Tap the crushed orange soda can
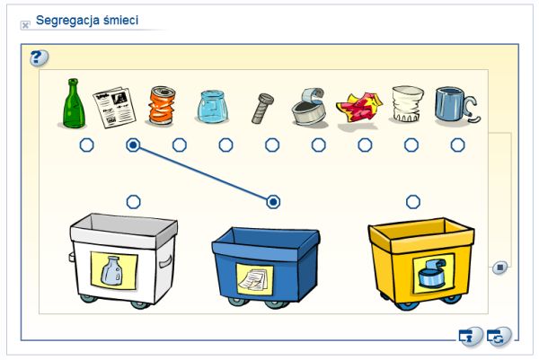point(163,105)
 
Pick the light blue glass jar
point(212,107)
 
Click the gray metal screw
point(263,108)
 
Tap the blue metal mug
point(454,105)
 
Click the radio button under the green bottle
point(87,145)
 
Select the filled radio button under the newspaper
point(133,145)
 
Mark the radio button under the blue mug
point(458,145)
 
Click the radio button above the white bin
point(133,201)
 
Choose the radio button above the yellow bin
point(413,201)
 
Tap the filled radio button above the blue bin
point(273,201)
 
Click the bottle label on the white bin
point(113,269)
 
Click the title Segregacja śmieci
point(86,20)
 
